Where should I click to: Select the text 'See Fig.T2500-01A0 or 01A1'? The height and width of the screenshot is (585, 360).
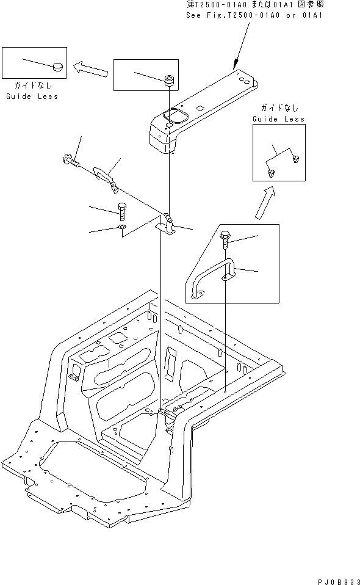254,14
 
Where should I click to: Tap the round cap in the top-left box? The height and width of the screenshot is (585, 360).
57,66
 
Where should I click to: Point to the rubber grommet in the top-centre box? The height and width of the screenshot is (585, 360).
168,79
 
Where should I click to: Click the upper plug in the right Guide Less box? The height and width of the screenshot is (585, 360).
296,159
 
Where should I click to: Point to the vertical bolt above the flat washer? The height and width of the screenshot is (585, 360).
121,211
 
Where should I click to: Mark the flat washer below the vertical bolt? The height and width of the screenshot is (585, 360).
121,228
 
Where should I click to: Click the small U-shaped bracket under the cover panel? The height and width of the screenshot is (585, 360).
168,225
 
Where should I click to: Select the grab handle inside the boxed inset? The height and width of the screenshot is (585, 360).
211,279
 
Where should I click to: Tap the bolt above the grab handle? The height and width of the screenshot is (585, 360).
226,239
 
